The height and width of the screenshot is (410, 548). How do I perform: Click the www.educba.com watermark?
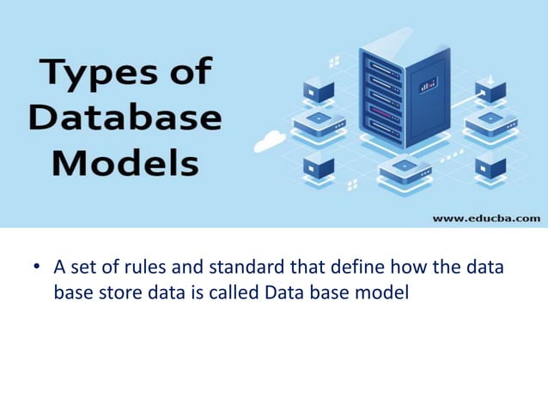tap(486, 218)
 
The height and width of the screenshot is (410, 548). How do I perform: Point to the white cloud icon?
tap(271, 138)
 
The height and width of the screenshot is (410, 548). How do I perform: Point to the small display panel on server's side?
tap(428, 86)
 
